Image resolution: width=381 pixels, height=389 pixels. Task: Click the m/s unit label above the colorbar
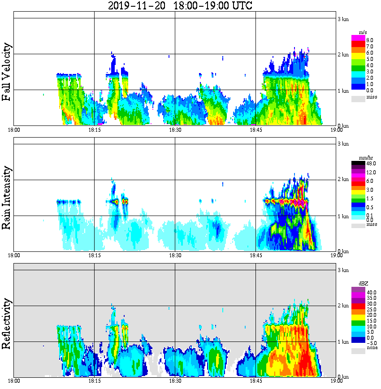tap(363, 33)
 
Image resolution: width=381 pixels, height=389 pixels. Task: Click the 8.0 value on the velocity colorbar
tap(370, 40)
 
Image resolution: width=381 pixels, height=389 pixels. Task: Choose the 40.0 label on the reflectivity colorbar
tap(371, 292)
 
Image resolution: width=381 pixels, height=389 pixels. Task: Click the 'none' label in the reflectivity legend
tap(372, 348)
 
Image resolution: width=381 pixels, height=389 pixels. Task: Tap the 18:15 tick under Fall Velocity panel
tap(94, 130)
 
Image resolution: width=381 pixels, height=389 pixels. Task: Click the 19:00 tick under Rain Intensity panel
tap(336, 255)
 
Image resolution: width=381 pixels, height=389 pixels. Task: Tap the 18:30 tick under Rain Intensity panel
tap(175, 255)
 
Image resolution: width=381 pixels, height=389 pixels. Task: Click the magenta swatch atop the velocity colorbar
tap(358, 37)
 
